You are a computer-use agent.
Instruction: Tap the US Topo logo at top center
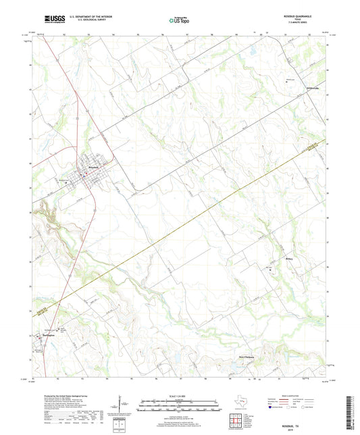point(179,20)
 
